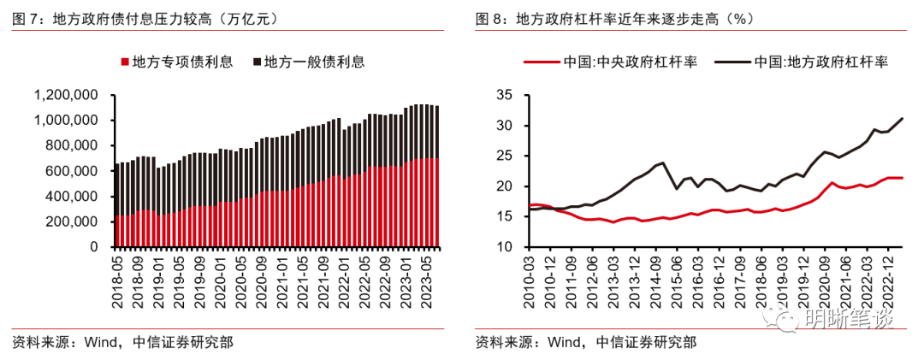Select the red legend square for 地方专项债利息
[x=125, y=62]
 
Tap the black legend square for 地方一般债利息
[x=256, y=62]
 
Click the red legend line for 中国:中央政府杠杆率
[x=540, y=62]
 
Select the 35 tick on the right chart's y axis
[x=503, y=95]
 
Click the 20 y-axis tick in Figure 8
[x=503, y=186]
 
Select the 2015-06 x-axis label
[x=677, y=274]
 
